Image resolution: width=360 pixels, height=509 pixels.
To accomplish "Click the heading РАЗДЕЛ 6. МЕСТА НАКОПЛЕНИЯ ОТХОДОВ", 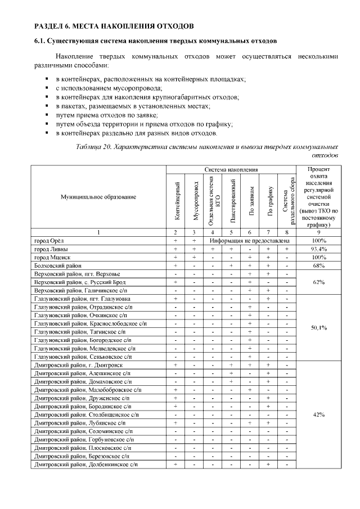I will pos(115,26).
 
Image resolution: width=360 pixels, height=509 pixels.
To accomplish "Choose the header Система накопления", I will pos(231,169).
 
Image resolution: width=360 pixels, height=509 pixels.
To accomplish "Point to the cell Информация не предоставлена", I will pos(250,240).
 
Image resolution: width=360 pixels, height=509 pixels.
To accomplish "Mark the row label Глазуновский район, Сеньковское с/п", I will pos(83,357).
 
